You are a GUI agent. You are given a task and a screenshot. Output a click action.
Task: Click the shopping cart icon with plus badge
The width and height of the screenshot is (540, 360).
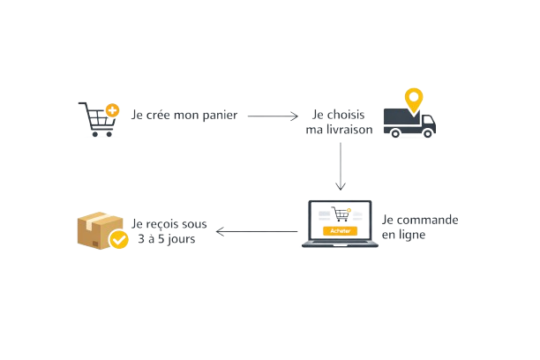point(97,120)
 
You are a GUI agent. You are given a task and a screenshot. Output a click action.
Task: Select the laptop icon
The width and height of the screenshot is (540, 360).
point(340,225)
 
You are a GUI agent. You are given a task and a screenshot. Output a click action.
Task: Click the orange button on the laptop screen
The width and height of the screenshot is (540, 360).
point(338,230)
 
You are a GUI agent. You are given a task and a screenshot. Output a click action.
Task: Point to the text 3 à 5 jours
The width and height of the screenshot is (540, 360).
point(167,239)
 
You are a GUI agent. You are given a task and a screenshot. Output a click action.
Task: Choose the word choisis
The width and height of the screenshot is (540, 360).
point(351,115)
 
